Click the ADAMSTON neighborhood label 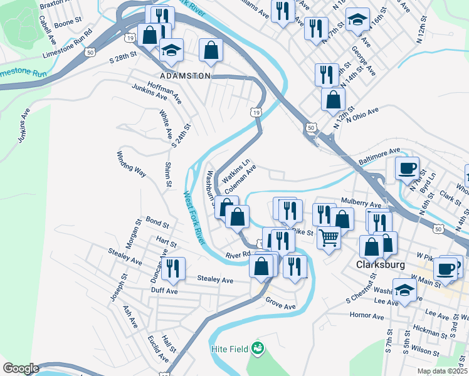coord(185,75)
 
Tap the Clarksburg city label coord(377,264)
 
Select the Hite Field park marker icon coord(256,347)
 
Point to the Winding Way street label coord(131,163)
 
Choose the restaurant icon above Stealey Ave coord(173,268)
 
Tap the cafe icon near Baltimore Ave coord(407,168)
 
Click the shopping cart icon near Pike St coord(329,238)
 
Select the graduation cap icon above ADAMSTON coord(171,50)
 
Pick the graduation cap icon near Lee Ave coord(404,290)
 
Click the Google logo coord(21,368)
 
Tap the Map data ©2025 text coord(442,371)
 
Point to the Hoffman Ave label coord(164,91)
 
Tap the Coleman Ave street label coord(240,179)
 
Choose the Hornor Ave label coord(367,316)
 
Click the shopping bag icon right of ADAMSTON coord(211,50)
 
